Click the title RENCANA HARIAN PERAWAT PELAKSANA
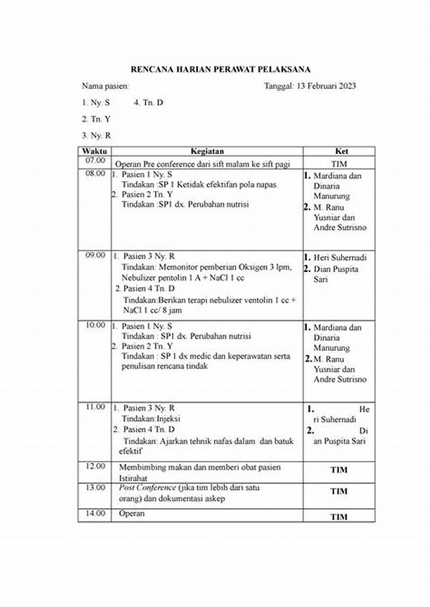(220, 69)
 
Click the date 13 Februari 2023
(327, 86)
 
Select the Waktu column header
(94, 152)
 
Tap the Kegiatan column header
(207, 152)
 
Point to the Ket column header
(342, 152)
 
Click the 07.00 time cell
(95, 161)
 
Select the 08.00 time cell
(95, 174)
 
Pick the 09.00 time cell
(95, 255)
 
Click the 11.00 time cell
(95, 407)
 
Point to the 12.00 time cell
(95, 466)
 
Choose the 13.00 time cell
(95, 487)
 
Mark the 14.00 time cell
(95, 513)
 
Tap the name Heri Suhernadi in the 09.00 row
(340, 257)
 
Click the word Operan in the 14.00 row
(132, 513)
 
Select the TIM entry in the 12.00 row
(338, 471)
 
